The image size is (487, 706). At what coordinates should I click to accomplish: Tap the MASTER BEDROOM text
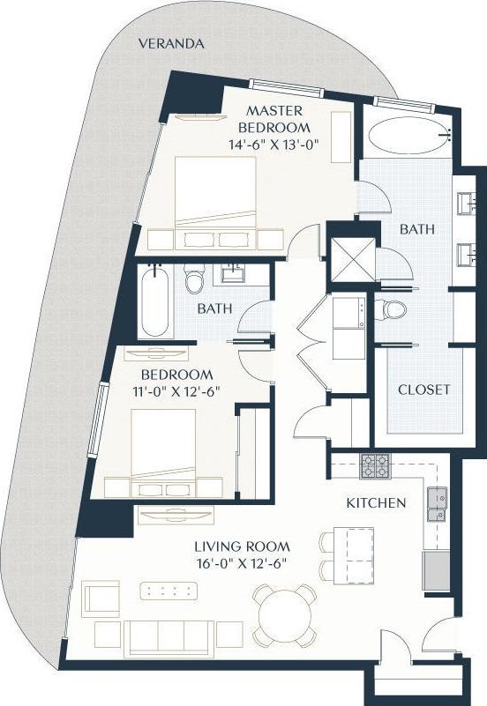click(274, 119)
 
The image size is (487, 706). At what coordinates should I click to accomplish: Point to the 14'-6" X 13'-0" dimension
click(274, 145)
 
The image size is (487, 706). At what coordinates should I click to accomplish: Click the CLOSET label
click(423, 389)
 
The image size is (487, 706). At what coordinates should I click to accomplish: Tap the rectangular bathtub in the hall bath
click(154, 301)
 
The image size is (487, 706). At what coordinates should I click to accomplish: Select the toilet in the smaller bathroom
click(195, 280)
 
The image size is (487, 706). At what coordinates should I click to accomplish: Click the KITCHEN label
click(376, 503)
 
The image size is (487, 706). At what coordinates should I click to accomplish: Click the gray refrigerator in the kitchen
click(437, 570)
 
